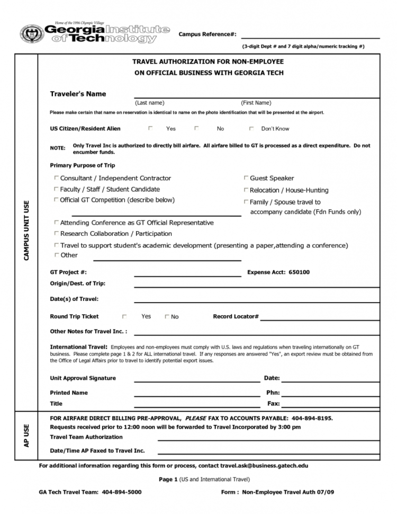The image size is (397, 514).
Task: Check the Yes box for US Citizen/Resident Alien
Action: click(150, 128)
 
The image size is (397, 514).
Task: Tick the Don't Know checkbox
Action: click(251, 128)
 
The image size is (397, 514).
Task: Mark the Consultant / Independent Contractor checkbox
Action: click(56, 178)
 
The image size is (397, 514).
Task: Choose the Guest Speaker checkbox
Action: click(246, 178)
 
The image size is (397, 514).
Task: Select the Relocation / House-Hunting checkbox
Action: click(246, 190)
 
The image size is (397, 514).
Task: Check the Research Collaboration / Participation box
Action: click(56, 233)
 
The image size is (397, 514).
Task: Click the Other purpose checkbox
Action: click(56, 255)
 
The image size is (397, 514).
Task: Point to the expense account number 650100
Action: click(299, 272)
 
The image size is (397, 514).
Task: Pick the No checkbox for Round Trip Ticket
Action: click(167, 317)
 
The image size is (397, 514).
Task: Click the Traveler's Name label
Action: click(78, 94)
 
